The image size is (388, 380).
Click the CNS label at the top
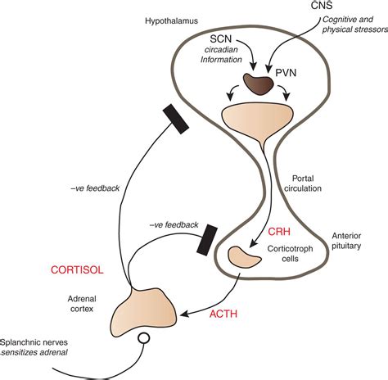[x=322, y=7]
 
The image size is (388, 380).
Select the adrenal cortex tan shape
[x=147, y=310]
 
